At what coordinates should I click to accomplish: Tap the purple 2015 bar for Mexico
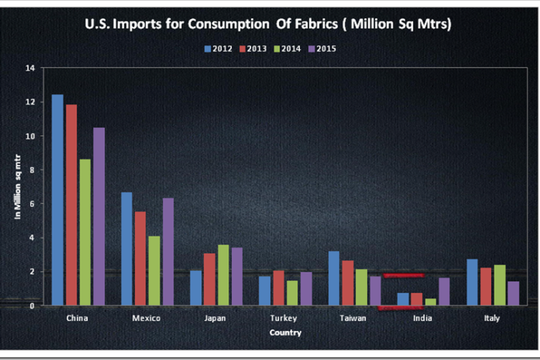coord(168,251)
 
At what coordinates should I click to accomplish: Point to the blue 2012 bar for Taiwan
coord(333,277)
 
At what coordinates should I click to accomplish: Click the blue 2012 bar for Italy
coord(471,282)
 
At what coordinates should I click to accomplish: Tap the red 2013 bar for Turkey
coord(278,288)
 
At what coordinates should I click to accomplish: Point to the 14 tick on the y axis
coord(30,68)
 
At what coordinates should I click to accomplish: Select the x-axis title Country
coord(284,332)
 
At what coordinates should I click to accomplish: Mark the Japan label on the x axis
coord(216,318)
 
